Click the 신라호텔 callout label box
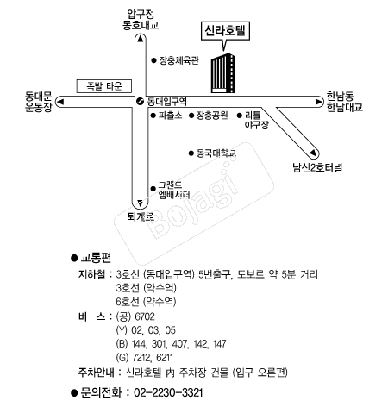[x=225, y=31]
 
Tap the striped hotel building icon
[x=222, y=73]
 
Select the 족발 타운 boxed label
[x=104, y=86]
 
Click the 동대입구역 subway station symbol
[x=140, y=102]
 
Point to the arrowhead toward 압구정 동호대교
[x=141, y=39]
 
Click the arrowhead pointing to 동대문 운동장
[x=60, y=102]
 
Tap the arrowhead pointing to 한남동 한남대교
[x=319, y=102]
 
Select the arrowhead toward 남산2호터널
[x=313, y=153]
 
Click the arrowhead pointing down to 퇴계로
[x=140, y=203]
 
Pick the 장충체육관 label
[x=179, y=60]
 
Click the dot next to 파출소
[x=153, y=116]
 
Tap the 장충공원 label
[x=212, y=116]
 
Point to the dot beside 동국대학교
[x=191, y=153]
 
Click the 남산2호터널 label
[x=317, y=167]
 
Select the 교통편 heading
[x=96, y=258]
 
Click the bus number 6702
[x=145, y=316]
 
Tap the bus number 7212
[x=141, y=358]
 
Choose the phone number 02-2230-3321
[x=168, y=392]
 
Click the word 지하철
[x=91, y=274]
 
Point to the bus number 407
[x=179, y=344]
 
